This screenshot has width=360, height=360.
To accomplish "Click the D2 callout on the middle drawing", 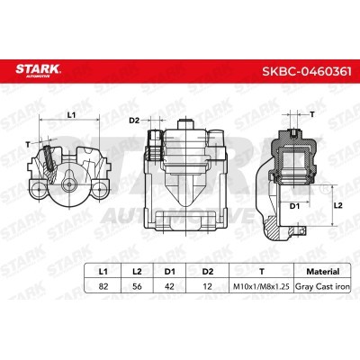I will click(133, 120).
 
